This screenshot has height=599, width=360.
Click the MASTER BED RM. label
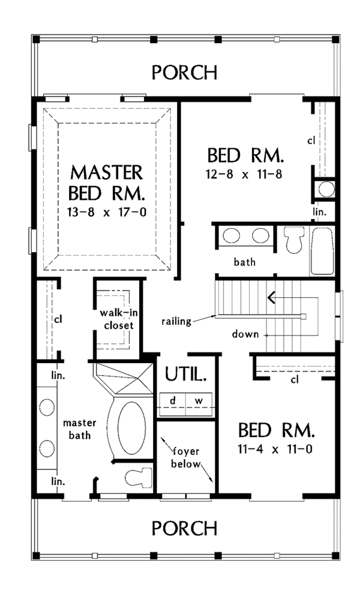pyautogui.click(x=107, y=182)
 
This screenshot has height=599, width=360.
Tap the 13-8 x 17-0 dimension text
pyautogui.click(x=107, y=212)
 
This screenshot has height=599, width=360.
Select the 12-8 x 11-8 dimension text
pyautogui.click(x=244, y=174)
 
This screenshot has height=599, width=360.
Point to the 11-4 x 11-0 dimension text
pyautogui.click(x=275, y=449)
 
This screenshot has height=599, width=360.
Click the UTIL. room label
pyautogui.click(x=186, y=375)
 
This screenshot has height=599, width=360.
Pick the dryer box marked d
pyautogui.click(x=172, y=401)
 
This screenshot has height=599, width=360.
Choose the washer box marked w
pyautogui.click(x=199, y=401)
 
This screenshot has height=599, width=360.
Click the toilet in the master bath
pyautogui.click(x=139, y=477)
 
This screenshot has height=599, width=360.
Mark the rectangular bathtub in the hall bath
pyautogui.click(x=323, y=251)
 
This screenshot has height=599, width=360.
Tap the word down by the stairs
pyautogui.click(x=245, y=334)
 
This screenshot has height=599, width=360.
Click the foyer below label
pyautogui.click(x=185, y=458)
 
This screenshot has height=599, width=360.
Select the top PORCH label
pyautogui.click(x=185, y=72)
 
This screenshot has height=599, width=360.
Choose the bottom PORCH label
pyautogui.click(x=185, y=528)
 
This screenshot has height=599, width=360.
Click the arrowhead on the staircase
pyautogui.click(x=271, y=297)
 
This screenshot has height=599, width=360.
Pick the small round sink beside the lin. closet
pyautogui.click(x=327, y=189)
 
